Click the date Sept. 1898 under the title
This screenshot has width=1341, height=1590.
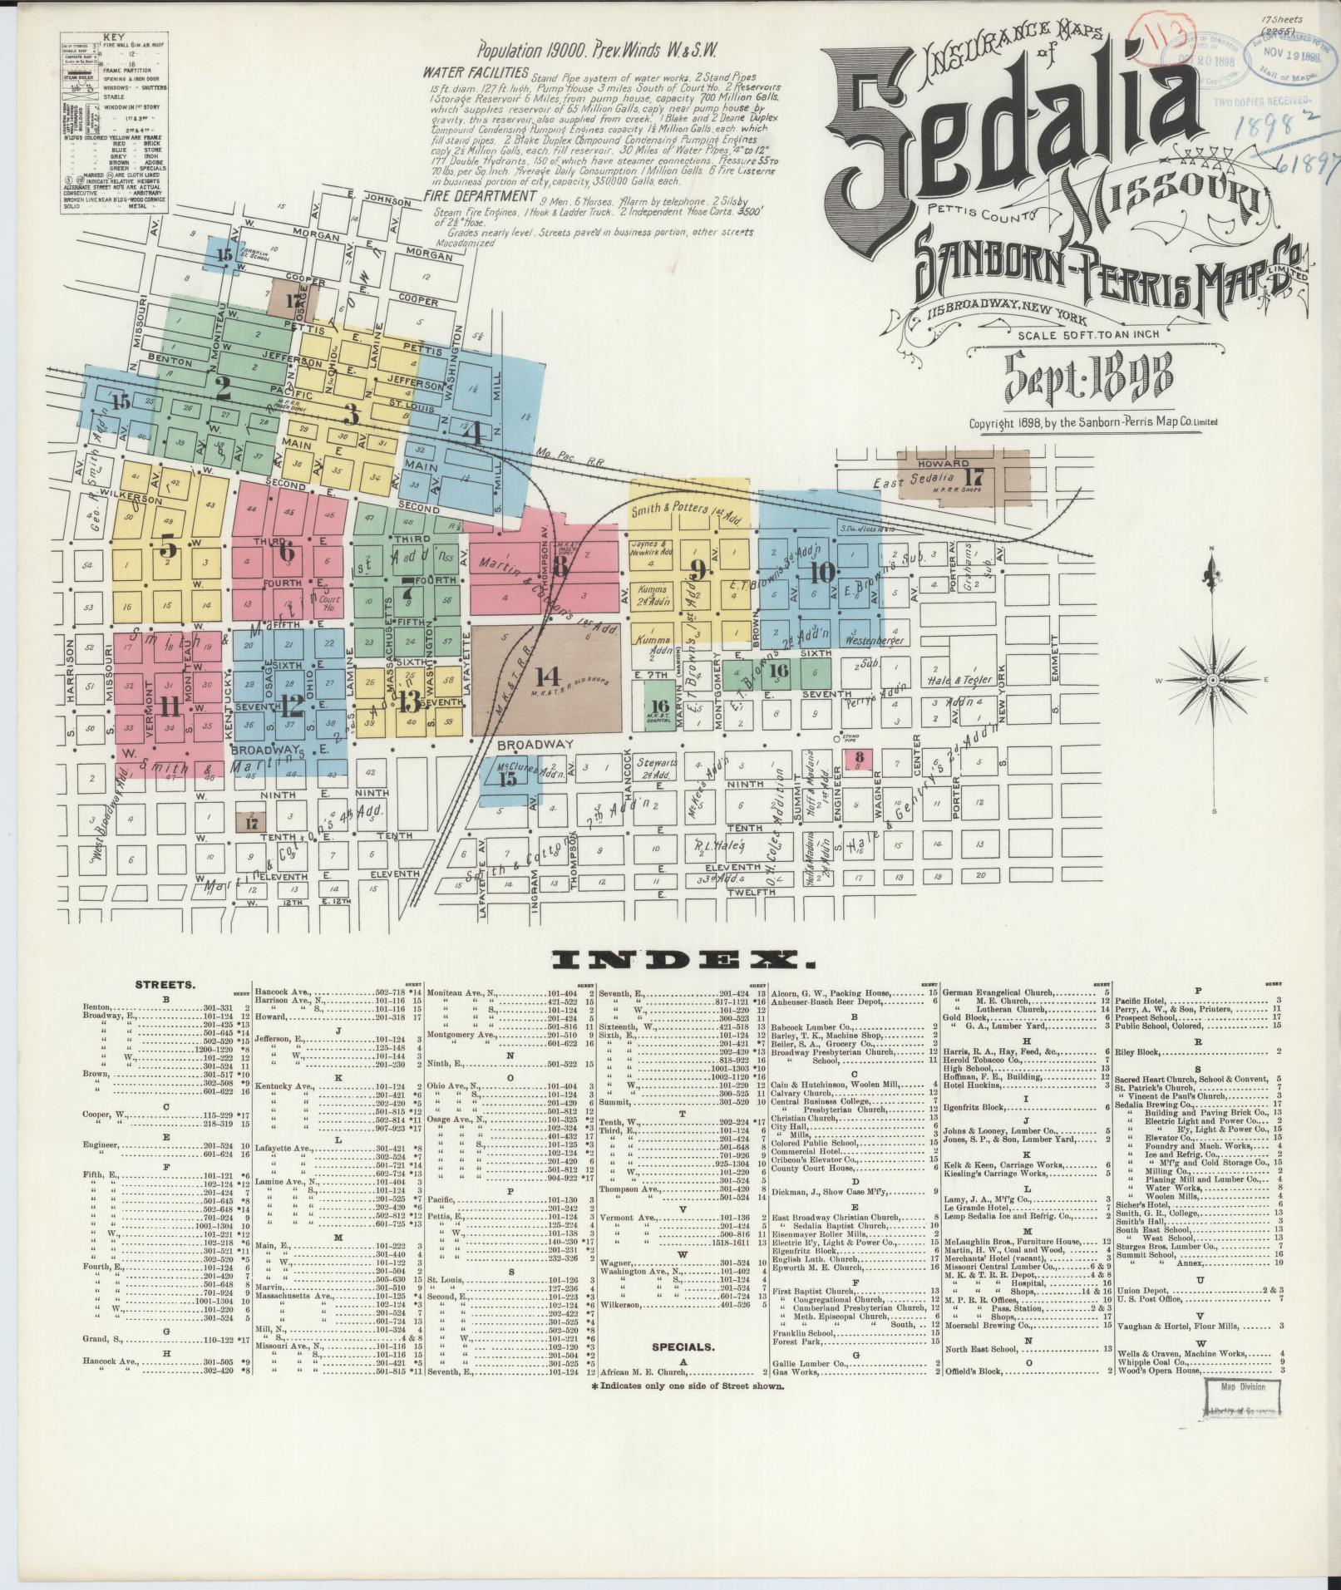click(x=1089, y=378)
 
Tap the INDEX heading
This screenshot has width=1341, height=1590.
click(x=685, y=962)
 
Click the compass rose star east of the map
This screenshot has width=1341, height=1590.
click(x=1212, y=680)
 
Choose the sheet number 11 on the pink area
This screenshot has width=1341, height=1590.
click(x=170, y=706)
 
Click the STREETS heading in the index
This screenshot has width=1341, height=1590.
click(x=165, y=985)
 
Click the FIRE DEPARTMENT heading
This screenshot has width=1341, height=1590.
click(x=478, y=197)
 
